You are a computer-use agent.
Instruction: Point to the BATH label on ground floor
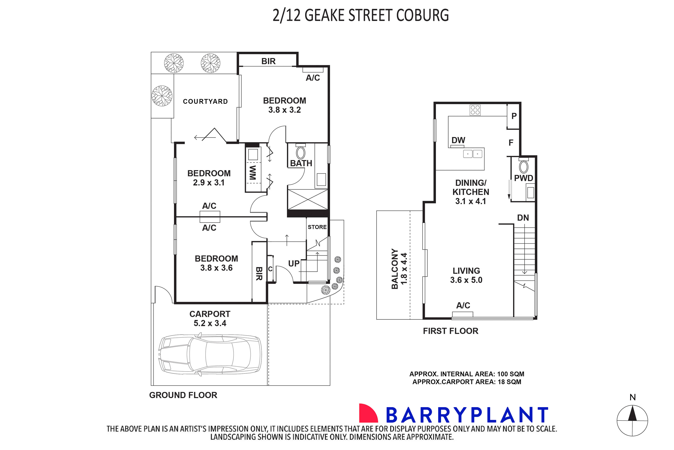point(301,163)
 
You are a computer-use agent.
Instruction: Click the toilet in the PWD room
point(524,167)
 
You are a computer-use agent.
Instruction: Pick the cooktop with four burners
point(475,110)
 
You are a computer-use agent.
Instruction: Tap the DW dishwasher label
point(458,140)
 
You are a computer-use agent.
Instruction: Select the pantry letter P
point(514,116)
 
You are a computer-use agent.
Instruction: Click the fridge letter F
point(511,143)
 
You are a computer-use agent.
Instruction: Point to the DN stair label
point(523,218)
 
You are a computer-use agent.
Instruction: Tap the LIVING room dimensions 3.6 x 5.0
point(466,280)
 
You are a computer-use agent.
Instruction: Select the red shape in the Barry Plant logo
point(368,413)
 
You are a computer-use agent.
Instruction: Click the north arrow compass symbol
point(632,420)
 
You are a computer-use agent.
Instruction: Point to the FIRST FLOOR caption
point(450,331)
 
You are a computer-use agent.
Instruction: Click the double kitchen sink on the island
point(472,154)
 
